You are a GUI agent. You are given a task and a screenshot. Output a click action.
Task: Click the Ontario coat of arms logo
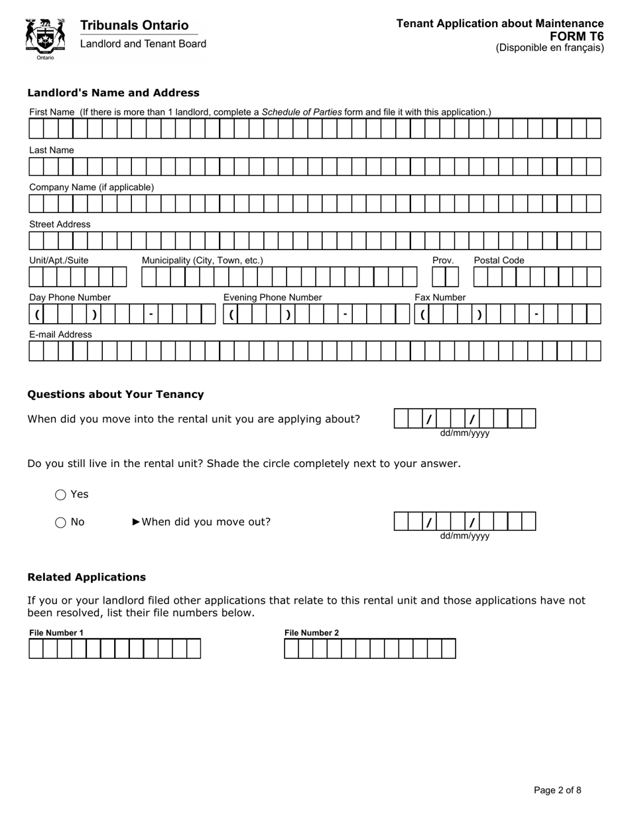pyautogui.click(x=45, y=38)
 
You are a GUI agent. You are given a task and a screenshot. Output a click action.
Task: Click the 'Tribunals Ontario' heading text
pyautogui.click(x=134, y=25)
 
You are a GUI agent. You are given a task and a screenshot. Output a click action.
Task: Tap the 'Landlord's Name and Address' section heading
pyautogui.click(x=113, y=93)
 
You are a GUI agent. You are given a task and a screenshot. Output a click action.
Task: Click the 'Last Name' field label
pyautogui.click(x=52, y=150)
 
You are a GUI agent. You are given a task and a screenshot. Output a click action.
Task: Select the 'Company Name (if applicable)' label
pyautogui.click(x=92, y=187)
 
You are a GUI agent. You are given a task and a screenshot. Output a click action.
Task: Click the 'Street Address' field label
pyautogui.click(x=60, y=224)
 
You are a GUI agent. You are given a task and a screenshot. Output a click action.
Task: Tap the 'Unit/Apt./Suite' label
pyautogui.click(x=59, y=260)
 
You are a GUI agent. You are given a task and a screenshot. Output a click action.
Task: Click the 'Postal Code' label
pyautogui.click(x=499, y=260)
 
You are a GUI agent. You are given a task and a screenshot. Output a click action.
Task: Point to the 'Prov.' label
pyautogui.click(x=443, y=260)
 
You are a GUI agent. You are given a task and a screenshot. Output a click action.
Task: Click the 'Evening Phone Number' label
pyautogui.click(x=273, y=297)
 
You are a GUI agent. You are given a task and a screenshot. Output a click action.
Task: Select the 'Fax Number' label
pyautogui.click(x=440, y=297)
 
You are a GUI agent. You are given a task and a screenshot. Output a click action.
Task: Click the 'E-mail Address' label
pyautogui.click(x=60, y=334)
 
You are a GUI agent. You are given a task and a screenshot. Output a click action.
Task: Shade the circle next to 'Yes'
pyautogui.click(x=61, y=494)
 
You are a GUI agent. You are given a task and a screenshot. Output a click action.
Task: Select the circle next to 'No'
pyautogui.click(x=61, y=522)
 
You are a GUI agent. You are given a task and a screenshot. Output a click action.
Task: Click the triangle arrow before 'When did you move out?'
pyautogui.click(x=137, y=521)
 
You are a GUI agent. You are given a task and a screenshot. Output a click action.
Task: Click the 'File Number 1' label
pyautogui.click(x=56, y=632)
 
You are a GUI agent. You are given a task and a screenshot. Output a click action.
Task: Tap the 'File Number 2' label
pyautogui.click(x=312, y=632)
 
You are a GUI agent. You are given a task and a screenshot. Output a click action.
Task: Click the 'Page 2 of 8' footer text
pyautogui.click(x=558, y=789)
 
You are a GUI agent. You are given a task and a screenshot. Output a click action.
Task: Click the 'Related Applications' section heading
pyautogui.click(x=86, y=577)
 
